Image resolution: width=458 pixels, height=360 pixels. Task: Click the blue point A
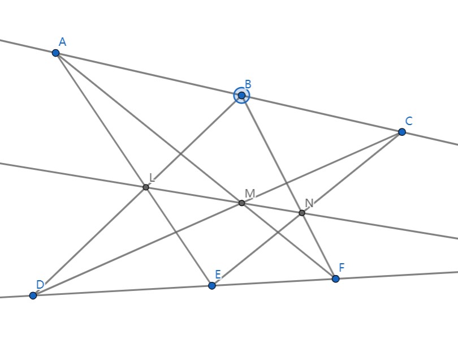55,53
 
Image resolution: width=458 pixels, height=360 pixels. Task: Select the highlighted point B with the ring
241,96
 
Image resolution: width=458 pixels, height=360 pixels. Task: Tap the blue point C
402,132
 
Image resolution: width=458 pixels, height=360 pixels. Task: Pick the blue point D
33,295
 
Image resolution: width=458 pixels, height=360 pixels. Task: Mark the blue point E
212,286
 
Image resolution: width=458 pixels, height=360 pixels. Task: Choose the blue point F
335,278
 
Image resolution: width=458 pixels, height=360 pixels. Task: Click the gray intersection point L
146,187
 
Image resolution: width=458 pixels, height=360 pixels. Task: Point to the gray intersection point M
241,203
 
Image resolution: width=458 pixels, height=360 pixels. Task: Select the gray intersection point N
302,213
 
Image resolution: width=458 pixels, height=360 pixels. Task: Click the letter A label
62,42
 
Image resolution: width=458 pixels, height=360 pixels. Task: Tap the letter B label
248,85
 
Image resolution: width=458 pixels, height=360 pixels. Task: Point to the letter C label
409,121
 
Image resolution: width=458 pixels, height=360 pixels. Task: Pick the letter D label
40,285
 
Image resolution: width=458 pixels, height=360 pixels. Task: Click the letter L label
152,177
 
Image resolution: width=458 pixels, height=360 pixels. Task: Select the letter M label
249,194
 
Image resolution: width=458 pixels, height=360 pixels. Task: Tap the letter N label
309,203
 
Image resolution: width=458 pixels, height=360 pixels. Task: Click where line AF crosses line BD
181,154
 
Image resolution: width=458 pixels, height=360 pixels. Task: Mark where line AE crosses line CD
175,231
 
